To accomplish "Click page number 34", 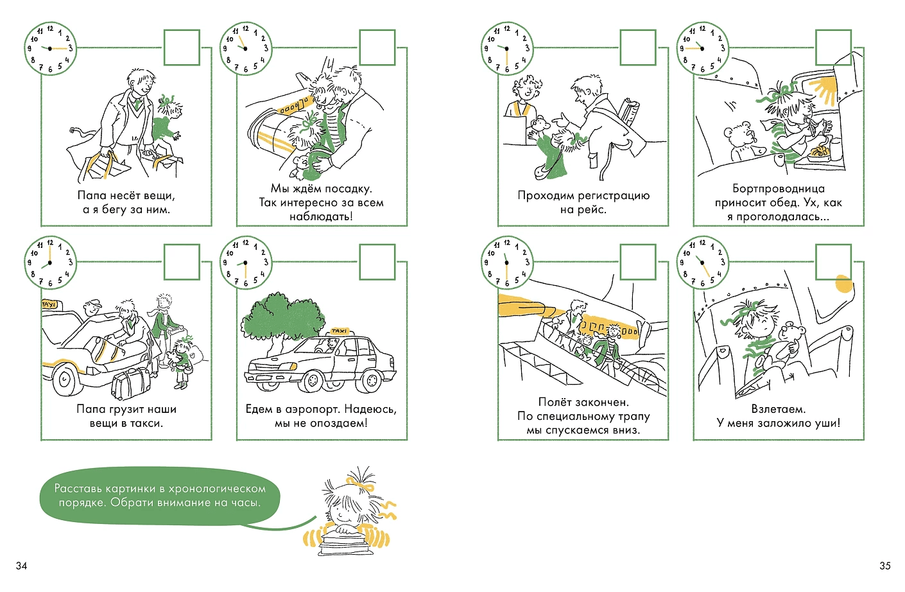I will [x=21, y=566].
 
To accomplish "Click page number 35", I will [x=885, y=566].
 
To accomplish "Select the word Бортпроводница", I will [x=779, y=189].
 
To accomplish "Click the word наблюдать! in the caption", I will [x=321, y=216].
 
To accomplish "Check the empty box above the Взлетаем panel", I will [x=833, y=262].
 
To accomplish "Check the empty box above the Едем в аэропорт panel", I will [x=377, y=262].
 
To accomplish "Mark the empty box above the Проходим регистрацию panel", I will [x=637, y=48].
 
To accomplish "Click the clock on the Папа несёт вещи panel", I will [x=49, y=48].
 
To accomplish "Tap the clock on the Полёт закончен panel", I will [x=506, y=263].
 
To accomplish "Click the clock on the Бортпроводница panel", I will [x=702, y=48].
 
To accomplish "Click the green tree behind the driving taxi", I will [x=282, y=318].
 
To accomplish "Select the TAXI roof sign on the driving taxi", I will [x=338, y=331].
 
